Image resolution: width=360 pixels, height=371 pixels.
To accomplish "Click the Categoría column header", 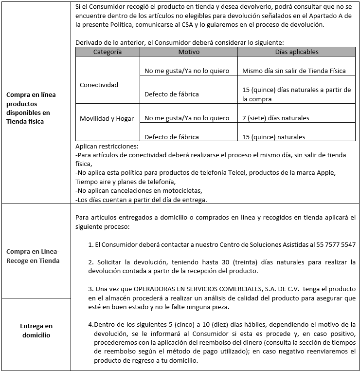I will (x=107, y=52).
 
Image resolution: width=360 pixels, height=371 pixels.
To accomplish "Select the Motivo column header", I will (x=189, y=52).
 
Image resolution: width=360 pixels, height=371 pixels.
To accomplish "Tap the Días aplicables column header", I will (x=296, y=52).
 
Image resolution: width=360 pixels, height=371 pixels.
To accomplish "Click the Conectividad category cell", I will (x=99, y=85).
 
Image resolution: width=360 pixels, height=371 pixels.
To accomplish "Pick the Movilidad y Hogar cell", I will (x=107, y=118).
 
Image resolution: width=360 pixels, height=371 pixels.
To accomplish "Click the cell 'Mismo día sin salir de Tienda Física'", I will (x=294, y=71).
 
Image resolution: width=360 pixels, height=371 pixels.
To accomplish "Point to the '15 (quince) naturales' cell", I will (x=273, y=137).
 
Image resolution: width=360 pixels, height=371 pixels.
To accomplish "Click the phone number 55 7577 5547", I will (x=334, y=244).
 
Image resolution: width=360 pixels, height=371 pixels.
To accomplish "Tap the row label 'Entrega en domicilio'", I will (x=36, y=330).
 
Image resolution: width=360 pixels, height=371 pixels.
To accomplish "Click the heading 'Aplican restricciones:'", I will (x=107, y=146).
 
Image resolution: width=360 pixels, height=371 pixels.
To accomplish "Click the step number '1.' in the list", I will (x=91, y=244).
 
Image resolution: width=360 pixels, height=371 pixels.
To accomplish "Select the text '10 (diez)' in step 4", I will (x=180, y=324).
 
